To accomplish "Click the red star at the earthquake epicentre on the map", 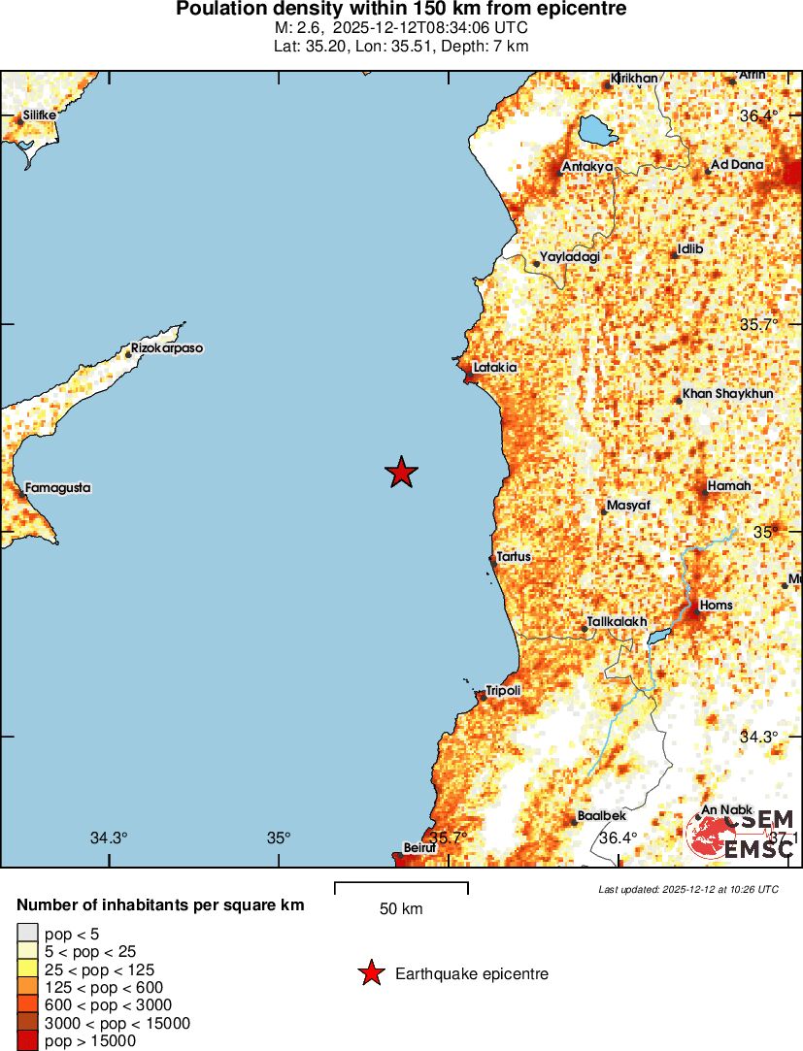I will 401,473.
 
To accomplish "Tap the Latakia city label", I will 494,368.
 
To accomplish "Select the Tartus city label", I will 514,557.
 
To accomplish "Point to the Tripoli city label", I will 503,690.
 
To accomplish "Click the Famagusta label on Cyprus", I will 57,487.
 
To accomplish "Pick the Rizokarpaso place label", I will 167,347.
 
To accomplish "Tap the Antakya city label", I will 587,166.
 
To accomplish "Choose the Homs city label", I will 716,605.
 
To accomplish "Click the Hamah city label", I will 729,485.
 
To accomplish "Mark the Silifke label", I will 40,114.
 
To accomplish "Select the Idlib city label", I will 689,248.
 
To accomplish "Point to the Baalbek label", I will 594,815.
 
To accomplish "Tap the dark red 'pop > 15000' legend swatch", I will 27,1040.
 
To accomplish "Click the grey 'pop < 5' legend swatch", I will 27,935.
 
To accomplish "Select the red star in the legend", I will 371,973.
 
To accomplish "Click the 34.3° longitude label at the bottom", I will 109,838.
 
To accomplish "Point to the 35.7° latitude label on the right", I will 758,324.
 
